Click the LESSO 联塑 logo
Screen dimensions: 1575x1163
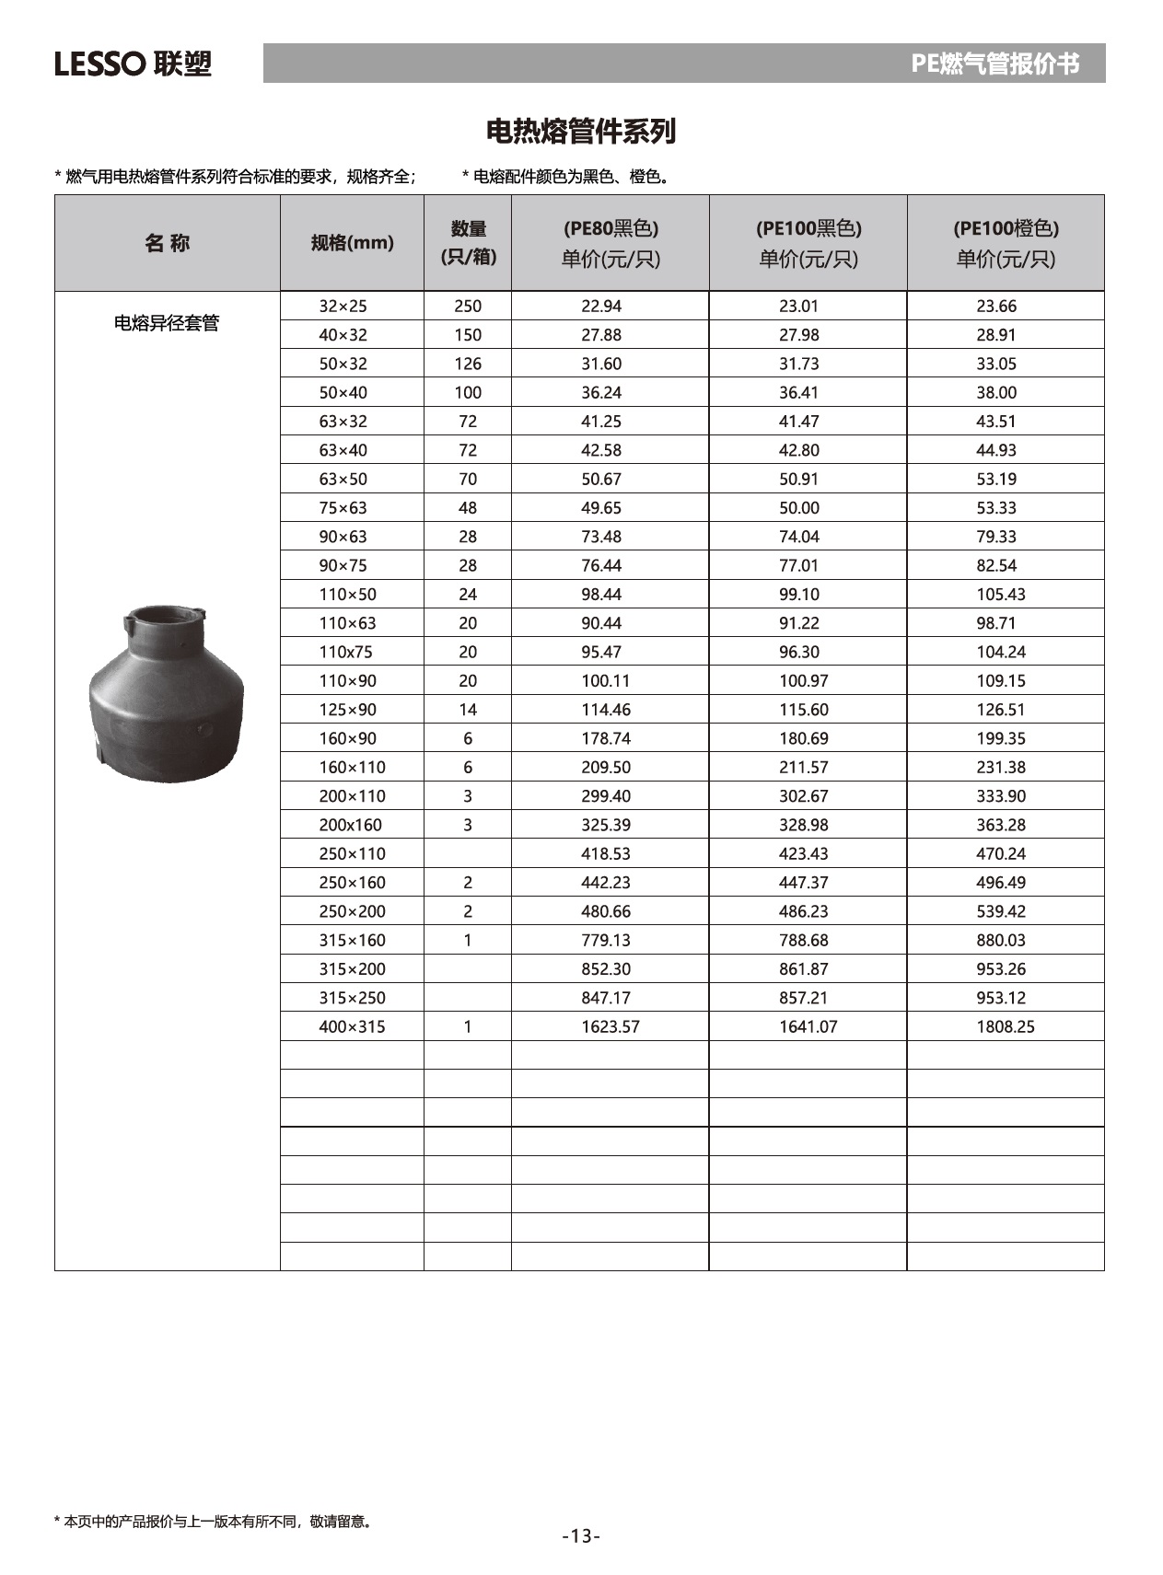click(133, 64)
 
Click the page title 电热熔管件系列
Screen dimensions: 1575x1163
click(580, 132)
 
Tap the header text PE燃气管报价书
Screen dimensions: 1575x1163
click(994, 64)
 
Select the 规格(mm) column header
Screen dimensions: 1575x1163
click(352, 243)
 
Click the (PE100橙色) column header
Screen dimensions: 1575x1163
click(1006, 243)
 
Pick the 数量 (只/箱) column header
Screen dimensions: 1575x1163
click(468, 243)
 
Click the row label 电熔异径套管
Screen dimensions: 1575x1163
click(167, 323)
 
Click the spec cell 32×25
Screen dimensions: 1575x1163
click(343, 307)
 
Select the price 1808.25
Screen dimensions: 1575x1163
click(1005, 1026)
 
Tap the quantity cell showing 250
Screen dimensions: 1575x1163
click(468, 307)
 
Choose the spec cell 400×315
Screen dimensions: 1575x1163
click(352, 1026)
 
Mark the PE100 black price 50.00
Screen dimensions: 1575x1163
click(798, 508)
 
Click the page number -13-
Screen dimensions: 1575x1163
click(581, 1535)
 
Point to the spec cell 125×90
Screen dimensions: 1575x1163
click(347, 710)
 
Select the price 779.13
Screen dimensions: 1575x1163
click(605, 940)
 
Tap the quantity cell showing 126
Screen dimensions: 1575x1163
click(468, 364)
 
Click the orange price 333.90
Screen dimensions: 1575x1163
click(1001, 796)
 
